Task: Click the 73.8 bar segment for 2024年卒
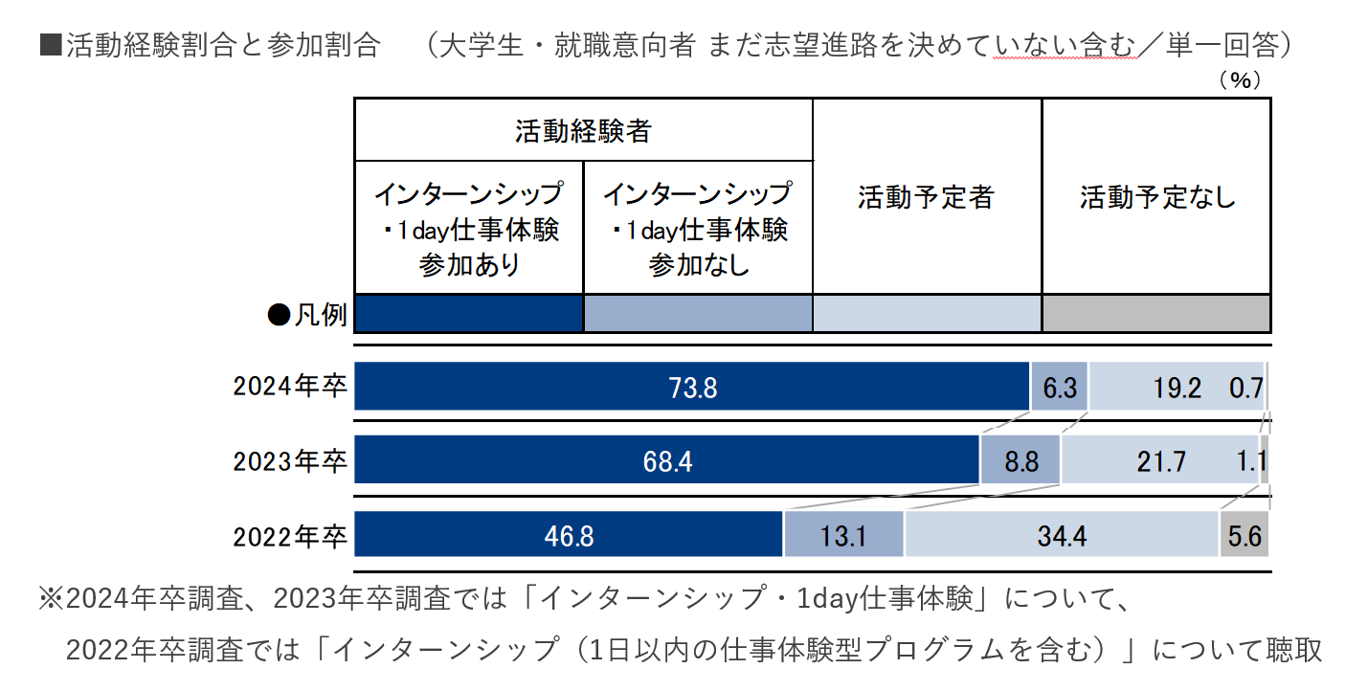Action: click(x=691, y=387)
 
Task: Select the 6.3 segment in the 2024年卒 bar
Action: click(x=1060, y=387)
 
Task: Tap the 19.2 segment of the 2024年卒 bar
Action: click(x=1177, y=387)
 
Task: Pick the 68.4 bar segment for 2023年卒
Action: click(x=667, y=459)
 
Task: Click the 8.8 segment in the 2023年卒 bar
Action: click(x=1020, y=459)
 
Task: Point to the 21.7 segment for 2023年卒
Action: click(x=1160, y=459)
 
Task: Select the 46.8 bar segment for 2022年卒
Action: click(x=569, y=534)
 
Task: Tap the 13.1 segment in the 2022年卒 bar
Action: click(x=843, y=534)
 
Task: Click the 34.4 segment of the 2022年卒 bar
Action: click(x=1062, y=534)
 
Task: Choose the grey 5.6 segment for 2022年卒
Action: click(x=1245, y=534)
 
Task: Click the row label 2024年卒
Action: click(x=290, y=387)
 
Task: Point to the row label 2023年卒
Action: click(x=290, y=461)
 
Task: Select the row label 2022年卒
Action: click(x=290, y=537)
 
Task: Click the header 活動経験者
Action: click(x=583, y=130)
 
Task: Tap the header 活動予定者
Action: click(x=927, y=197)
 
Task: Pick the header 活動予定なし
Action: click(x=1156, y=197)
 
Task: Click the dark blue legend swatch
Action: click(x=469, y=314)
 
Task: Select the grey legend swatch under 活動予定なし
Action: click(x=1156, y=314)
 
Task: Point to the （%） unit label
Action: click(x=1240, y=80)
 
